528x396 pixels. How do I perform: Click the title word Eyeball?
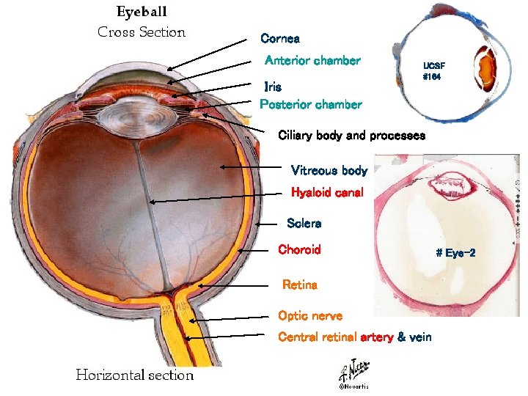[142, 12]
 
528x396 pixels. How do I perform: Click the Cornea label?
[280, 38]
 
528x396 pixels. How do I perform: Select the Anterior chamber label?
[312, 61]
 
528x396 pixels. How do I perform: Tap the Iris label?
[273, 87]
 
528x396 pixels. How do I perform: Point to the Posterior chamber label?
[311, 104]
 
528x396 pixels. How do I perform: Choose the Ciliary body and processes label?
[351, 136]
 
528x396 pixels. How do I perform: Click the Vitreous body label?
[329, 171]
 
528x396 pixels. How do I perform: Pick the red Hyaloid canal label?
[327, 193]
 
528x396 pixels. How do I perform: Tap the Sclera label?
[304, 223]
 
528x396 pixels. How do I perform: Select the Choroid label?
[299, 249]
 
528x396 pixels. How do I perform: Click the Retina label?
[300, 285]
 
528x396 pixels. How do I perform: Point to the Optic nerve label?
[309, 316]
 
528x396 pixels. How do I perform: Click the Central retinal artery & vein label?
[355, 337]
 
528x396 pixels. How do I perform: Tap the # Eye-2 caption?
[455, 254]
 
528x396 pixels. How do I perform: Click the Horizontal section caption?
[135, 375]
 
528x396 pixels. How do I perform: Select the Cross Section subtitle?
[142, 32]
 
